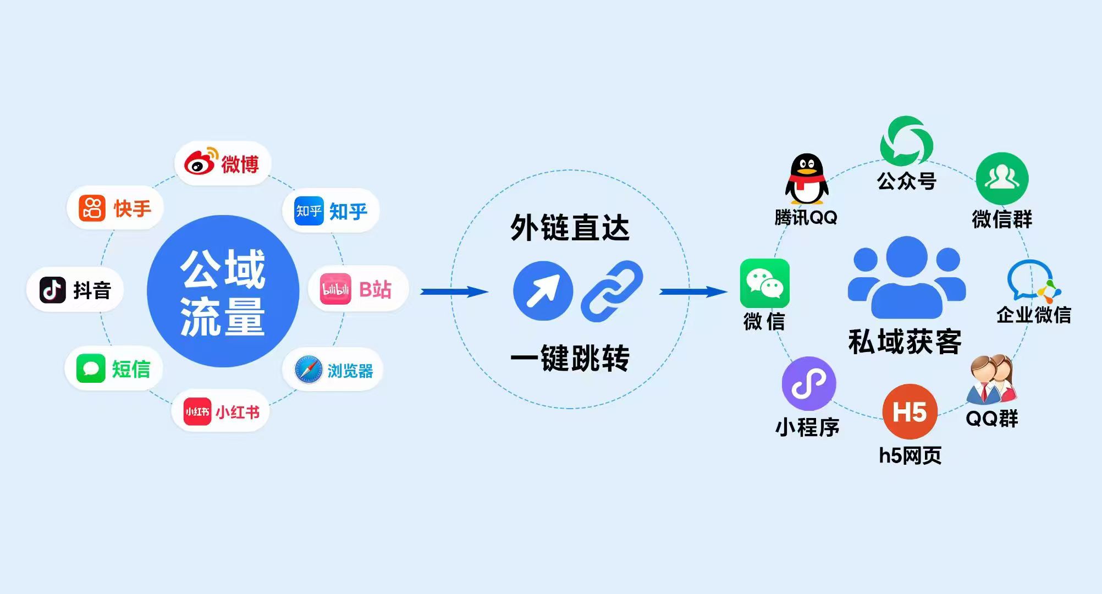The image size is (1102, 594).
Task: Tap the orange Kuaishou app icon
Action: (x=92, y=208)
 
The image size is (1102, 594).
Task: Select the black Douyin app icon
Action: (x=53, y=290)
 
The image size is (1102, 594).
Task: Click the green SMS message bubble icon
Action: (x=91, y=369)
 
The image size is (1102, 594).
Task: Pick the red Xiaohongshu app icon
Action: (x=197, y=411)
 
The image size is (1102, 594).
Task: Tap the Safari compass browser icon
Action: (x=308, y=370)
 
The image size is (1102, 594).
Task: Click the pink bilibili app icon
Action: (x=335, y=289)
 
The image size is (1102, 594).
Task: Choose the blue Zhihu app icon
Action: (x=308, y=211)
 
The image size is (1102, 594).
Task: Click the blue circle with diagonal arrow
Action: (x=543, y=291)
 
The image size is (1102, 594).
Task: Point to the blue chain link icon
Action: (x=612, y=291)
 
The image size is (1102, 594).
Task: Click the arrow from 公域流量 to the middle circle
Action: (x=454, y=291)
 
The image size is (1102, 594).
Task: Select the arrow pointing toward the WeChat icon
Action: (x=693, y=291)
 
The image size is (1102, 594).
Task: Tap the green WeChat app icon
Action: (x=764, y=283)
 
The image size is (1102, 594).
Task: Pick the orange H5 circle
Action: (x=910, y=411)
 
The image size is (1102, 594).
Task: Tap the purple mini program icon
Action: (x=808, y=384)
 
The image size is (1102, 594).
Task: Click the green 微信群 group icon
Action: (x=1002, y=179)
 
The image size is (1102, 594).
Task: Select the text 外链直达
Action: (x=570, y=228)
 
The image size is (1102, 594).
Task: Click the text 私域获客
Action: (x=905, y=342)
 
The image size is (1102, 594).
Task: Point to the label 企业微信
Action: (x=1034, y=315)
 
